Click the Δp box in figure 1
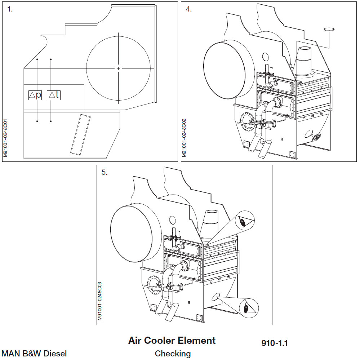point(35,95)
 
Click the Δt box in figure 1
point(54,95)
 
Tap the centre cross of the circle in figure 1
point(119,68)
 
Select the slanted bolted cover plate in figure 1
point(81,134)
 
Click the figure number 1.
point(10,9)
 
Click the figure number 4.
point(188,9)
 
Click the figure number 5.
point(104,172)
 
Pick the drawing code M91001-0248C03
point(100,301)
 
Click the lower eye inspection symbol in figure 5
point(248,307)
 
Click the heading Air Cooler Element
point(172,340)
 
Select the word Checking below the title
point(173,354)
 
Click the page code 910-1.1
point(275,343)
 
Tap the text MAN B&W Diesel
point(34,354)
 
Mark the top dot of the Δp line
point(37,59)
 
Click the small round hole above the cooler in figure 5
point(172,219)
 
